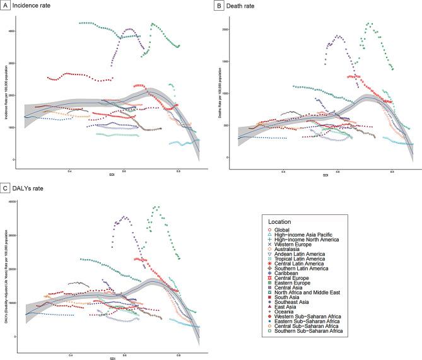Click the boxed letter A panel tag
click(5, 6)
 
